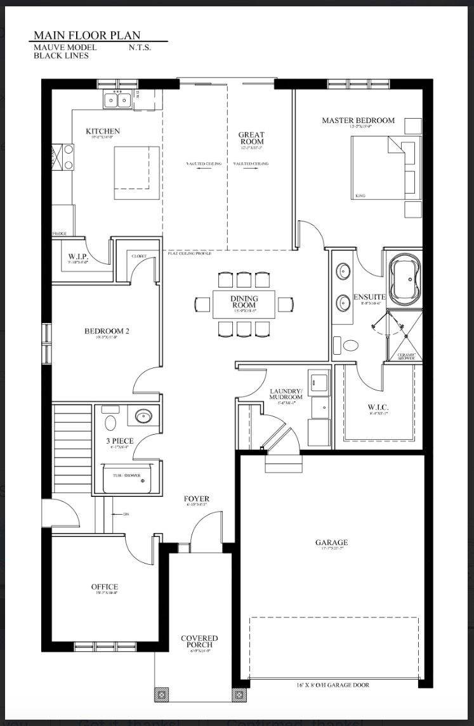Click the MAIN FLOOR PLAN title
point(87,36)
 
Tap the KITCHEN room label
point(103,131)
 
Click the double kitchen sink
point(117,99)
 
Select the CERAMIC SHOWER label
point(406,356)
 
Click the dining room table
point(244,304)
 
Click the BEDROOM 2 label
point(107,331)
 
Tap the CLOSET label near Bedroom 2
point(139,256)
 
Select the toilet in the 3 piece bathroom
point(111,423)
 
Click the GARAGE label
point(331,543)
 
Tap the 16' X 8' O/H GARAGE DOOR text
point(333,685)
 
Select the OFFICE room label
point(104,587)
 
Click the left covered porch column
point(162,694)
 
